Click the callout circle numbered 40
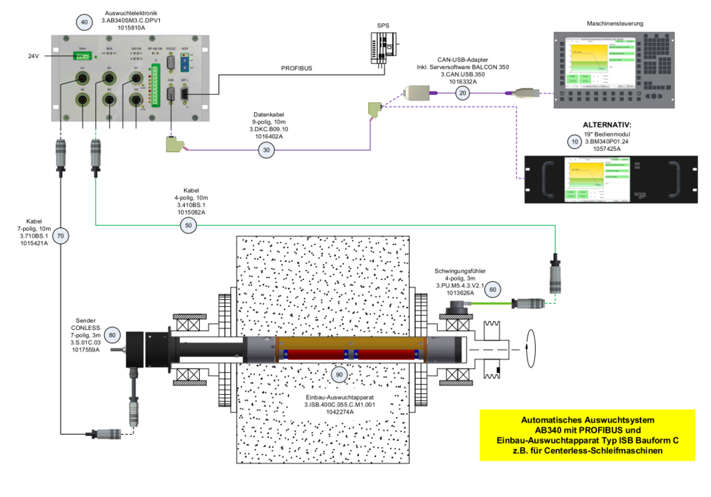85,22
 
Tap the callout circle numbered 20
462,93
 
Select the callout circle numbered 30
266,150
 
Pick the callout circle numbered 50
190,225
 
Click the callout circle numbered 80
113,334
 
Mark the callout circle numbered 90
340,373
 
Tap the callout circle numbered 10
575,142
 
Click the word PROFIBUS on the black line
297,68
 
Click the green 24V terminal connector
83,56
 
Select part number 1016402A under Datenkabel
266,136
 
